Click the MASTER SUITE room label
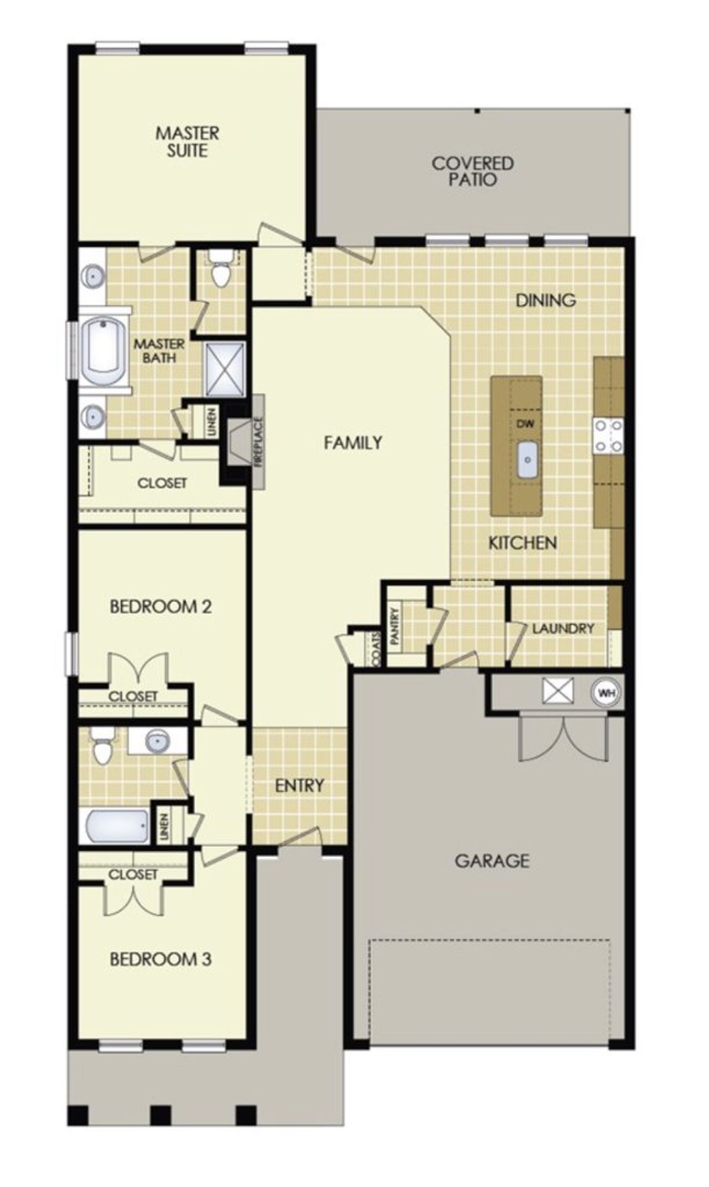187,142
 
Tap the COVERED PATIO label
472,171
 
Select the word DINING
546,300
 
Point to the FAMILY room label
353,443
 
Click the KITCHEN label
522,543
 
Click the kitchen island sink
528,459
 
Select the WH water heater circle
607,693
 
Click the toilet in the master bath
222,272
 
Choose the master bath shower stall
224,369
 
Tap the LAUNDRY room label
563,628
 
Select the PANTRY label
395,626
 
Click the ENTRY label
299,785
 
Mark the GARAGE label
492,861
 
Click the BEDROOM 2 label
161,606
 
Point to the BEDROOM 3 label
161,959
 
